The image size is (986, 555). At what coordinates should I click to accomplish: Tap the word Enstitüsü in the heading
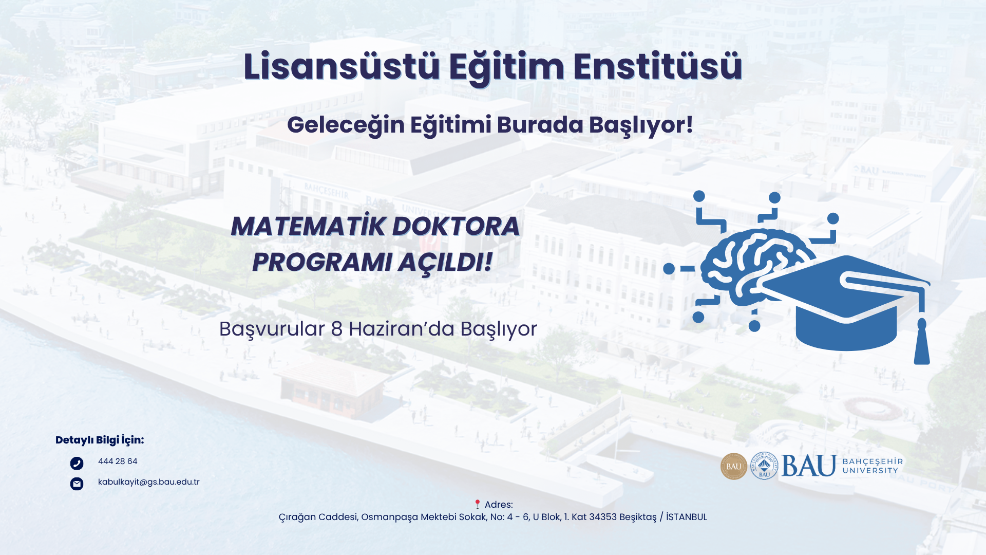pos(657,67)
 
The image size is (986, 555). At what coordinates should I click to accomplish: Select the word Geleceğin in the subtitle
pos(346,125)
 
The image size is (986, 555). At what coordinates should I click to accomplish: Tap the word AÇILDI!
pos(445,262)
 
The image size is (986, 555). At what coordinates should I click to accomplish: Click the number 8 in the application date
pos(337,329)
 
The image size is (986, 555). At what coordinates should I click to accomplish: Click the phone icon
pos(77,464)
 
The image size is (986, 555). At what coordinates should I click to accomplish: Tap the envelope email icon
pos(77,484)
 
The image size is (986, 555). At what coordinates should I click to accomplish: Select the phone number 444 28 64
pos(118,461)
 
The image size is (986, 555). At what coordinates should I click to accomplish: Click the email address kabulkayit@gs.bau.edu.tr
pos(148,482)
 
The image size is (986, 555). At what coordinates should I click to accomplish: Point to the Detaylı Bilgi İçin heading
pos(100,440)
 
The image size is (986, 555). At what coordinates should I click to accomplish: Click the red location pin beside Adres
pos(477,504)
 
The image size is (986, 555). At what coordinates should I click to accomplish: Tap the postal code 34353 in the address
pos(603,517)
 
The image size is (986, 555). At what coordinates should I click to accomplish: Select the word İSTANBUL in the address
pos(687,517)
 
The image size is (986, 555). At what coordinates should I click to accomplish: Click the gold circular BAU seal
pos(734,467)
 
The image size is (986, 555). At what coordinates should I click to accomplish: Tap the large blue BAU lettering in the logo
pos(809,466)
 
